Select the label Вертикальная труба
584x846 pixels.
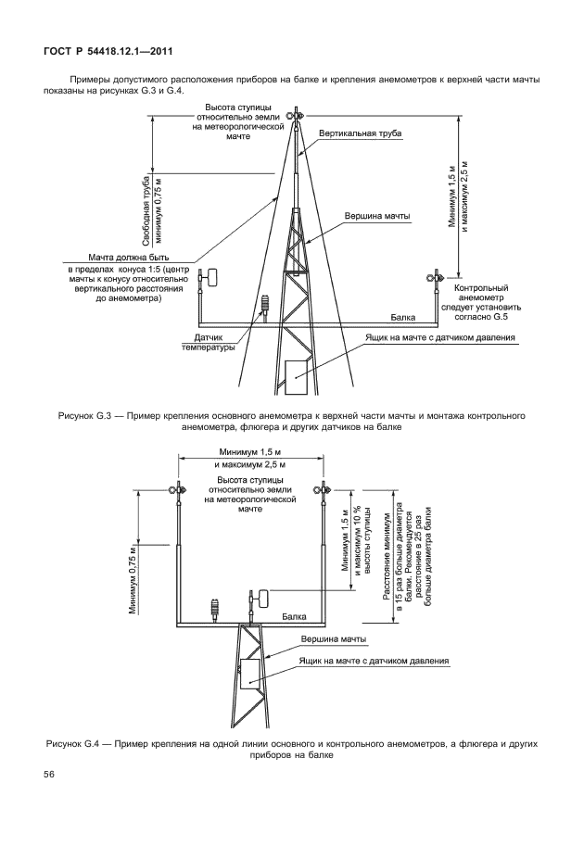point(360,134)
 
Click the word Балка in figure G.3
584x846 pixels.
point(402,316)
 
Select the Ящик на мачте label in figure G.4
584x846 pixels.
point(374,661)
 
